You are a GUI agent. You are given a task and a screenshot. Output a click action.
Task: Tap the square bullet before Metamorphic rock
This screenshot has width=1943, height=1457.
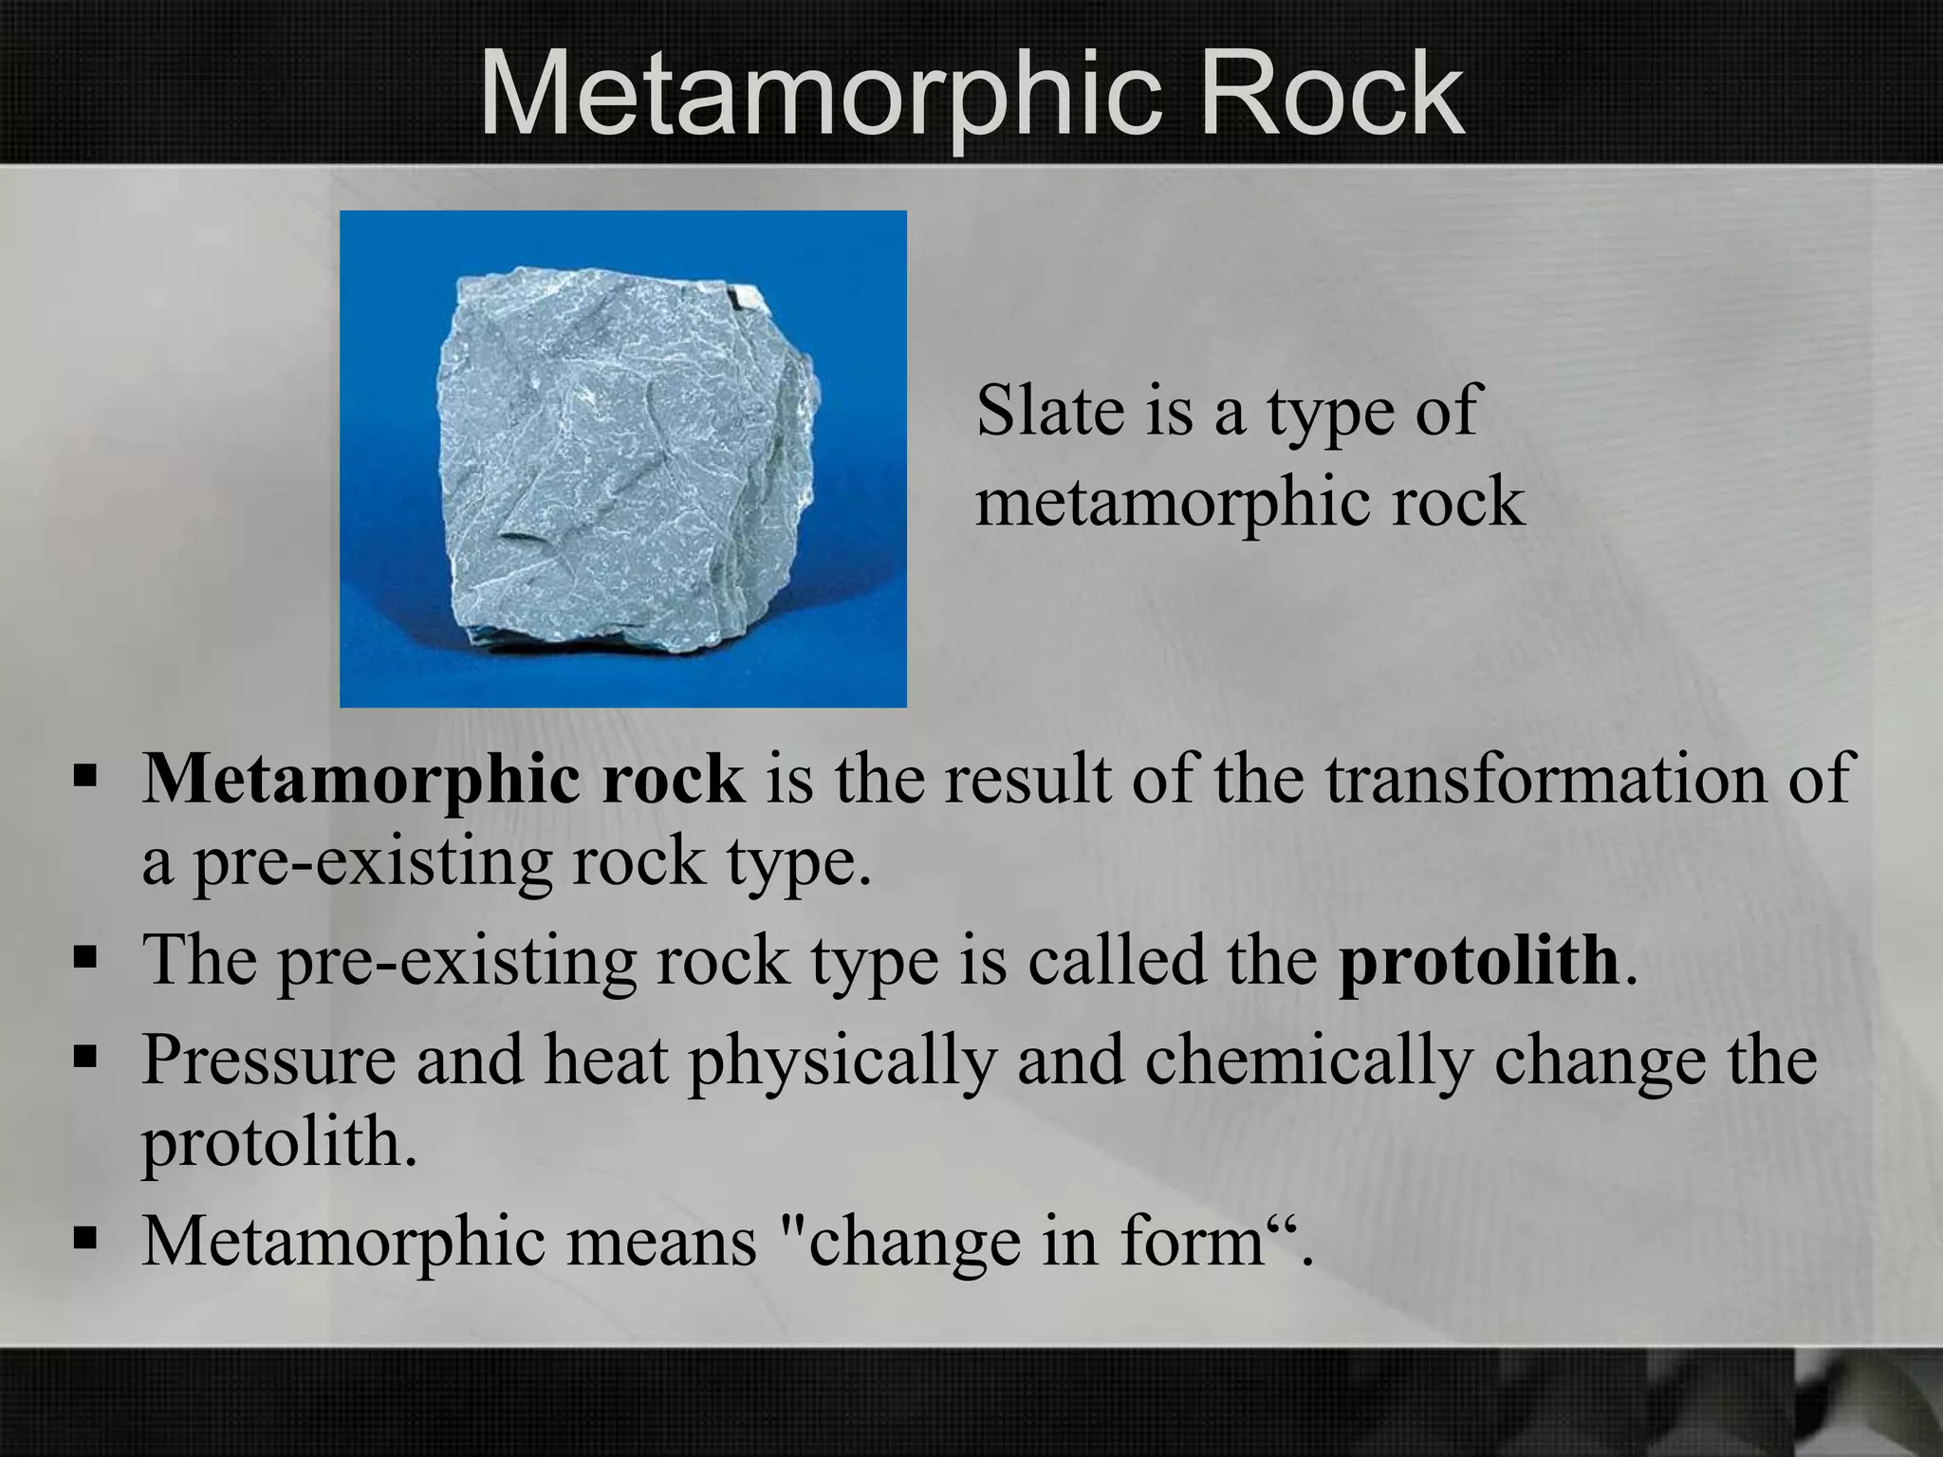pyautogui.click(x=84, y=780)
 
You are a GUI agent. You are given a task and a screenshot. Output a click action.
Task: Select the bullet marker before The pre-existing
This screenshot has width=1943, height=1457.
pyautogui.click(x=84, y=961)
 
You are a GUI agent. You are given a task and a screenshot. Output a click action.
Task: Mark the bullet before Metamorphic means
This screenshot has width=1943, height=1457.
pyautogui.click(x=84, y=1240)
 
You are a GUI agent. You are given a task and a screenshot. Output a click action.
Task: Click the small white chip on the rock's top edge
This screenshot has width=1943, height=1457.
pyautogui.click(x=744, y=299)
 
